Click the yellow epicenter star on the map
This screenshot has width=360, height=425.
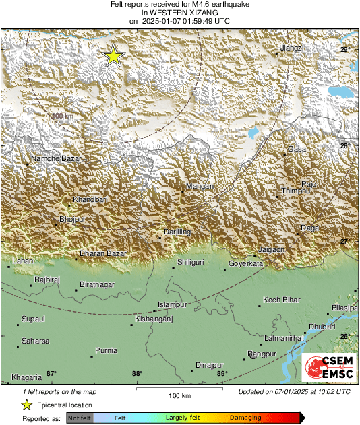pyautogui.click(x=113, y=57)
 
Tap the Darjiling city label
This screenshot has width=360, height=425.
pyautogui.click(x=179, y=232)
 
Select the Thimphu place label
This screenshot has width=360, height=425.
pyautogui.click(x=295, y=191)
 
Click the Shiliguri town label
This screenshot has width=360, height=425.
pyautogui.click(x=190, y=262)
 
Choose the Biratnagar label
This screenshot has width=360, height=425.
pyautogui.click(x=97, y=285)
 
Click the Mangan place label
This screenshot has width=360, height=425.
pyautogui.click(x=200, y=187)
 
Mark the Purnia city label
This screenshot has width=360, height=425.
pyautogui.click(x=106, y=350)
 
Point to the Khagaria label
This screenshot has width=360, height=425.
pyautogui.click(x=26, y=378)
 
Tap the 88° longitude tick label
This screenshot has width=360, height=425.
pyautogui.click(x=137, y=374)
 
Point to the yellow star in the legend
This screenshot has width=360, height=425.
pyautogui.click(x=26, y=405)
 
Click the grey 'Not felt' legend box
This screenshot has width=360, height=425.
pyautogui.click(x=80, y=418)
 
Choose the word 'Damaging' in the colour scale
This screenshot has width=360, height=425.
pyautogui.click(x=245, y=418)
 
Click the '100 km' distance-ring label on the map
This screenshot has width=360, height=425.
pyautogui.click(x=62, y=116)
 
